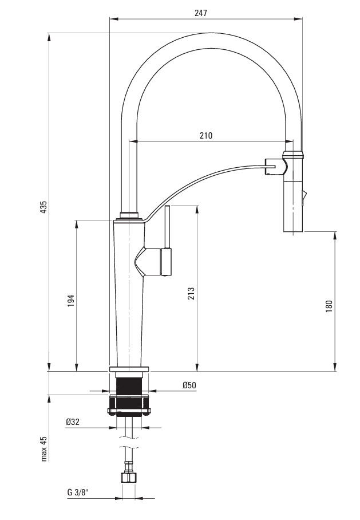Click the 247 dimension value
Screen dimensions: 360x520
tap(200, 13)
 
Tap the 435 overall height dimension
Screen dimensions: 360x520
tap(43, 207)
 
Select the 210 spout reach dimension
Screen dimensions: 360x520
tap(206, 135)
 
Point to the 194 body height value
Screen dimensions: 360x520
tap(71, 300)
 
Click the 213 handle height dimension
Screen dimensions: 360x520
tap(191, 293)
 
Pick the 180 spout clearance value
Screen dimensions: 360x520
tap(329, 306)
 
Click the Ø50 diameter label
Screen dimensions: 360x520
tap(189, 385)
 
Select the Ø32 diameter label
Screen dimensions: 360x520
tap(73, 421)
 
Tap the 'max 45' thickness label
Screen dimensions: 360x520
tap(43, 448)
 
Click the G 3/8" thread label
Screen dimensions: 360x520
tap(77, 492)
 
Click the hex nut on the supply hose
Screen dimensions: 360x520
tap(129, 477)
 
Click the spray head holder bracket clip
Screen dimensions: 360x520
tap(276, 167)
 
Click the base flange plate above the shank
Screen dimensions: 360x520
tap(129, 369)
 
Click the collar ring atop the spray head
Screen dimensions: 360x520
tap(293, 155)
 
